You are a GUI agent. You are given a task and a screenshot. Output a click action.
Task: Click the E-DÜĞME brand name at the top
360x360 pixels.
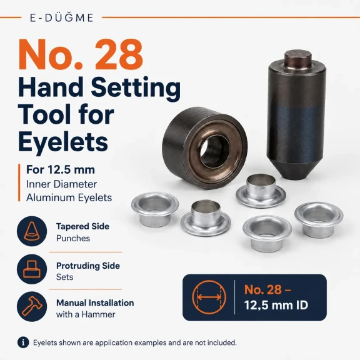click(61, 17)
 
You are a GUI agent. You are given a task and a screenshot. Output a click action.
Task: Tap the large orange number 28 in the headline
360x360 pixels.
click(119, 54)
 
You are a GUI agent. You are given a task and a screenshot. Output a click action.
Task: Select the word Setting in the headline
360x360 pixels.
click(136, 88)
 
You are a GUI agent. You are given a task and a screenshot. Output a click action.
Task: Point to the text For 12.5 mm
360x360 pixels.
click(61, 169)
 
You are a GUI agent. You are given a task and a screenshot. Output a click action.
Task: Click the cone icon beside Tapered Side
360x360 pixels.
click(32, 231)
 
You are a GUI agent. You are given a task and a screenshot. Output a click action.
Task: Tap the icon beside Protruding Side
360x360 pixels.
click(32, 269)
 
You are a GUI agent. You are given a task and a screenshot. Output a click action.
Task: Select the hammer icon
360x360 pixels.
click(32, 306)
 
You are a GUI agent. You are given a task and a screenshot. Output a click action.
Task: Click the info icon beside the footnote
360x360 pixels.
click(23, 342)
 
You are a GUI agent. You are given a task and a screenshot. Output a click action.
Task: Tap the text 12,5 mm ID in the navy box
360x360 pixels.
click(276, 305)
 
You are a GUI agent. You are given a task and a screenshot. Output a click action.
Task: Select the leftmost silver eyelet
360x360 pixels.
click(155, 209)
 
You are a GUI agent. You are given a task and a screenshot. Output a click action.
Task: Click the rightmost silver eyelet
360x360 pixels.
click(319, 219)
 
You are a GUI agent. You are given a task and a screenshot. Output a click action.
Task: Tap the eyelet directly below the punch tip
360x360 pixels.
click(261, 191)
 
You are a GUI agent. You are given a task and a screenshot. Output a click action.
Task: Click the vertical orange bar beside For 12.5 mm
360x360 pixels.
click(19, 182)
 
